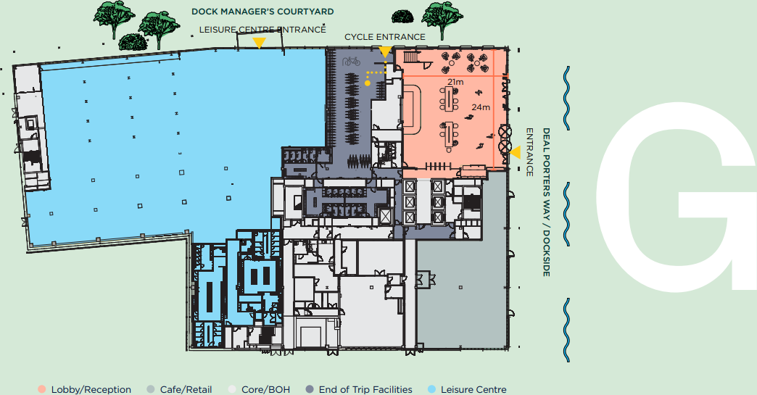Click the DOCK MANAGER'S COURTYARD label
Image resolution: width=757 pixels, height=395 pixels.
point(262,12)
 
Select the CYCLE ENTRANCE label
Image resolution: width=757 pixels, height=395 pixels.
point(384,36)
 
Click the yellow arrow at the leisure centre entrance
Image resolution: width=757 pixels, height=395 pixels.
point(258,43)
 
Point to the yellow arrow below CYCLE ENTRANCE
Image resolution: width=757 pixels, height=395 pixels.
point(385,51)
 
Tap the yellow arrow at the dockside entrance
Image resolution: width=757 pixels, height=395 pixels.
point(515,152)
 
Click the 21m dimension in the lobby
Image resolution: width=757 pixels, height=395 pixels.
point(455,82)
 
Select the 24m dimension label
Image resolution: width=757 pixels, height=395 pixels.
point(481,107)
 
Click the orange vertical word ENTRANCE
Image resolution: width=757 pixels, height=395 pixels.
point(529,152)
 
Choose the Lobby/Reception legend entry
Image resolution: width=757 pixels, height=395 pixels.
point(86,389)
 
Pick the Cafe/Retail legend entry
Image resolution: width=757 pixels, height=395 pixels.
point(180,389)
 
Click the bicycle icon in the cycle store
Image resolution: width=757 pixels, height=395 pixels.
point(352,62)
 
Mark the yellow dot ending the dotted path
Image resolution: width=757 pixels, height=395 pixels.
point(368,83)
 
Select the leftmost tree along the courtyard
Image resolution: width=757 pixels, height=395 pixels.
point(112,18)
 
